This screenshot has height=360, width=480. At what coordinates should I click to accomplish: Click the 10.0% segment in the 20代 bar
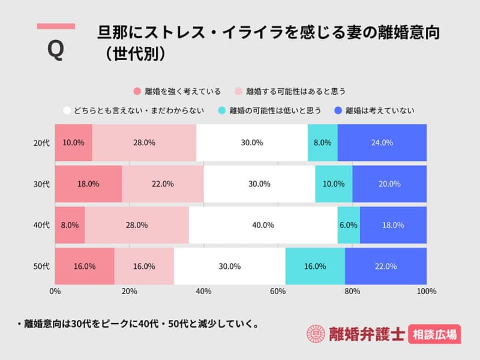pyautogui.click(x=73, y=143)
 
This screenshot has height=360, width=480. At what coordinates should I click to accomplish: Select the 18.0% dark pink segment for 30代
pyautogui.click(x=88, y=184)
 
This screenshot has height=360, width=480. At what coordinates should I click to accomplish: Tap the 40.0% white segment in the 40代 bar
pyautogui.click(x=263, y=226)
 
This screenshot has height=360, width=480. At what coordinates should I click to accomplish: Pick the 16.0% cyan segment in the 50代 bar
pyautogui.click(x=315, y=266)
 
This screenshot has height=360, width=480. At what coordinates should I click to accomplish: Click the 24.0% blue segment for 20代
pyautogui.click(x=382, y=143)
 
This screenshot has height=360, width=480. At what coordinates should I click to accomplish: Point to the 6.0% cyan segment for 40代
pyautogui.click(x=349, y=226)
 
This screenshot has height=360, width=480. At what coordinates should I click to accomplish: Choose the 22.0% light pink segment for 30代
pyautogui.click(x=163, y=184)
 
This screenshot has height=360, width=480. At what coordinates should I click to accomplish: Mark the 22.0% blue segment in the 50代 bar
pyautogui.click(x=386, y=266)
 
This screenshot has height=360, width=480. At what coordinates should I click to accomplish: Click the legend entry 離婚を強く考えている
pyautogui.click(x=177, y=92)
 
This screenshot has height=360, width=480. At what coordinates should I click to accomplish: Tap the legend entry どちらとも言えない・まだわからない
pyautogui.click(x=135, y=110)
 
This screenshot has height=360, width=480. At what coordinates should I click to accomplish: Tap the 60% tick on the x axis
pyautogui.click(x=278, y=292)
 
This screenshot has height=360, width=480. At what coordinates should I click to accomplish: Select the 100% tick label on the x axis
pyautogui.click(x=426, y=292)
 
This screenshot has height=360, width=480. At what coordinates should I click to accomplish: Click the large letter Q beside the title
pyautogui.click(x=55, y=49)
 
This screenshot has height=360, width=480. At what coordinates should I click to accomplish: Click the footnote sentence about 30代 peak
pyautogui.click(x=138, y=325)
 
